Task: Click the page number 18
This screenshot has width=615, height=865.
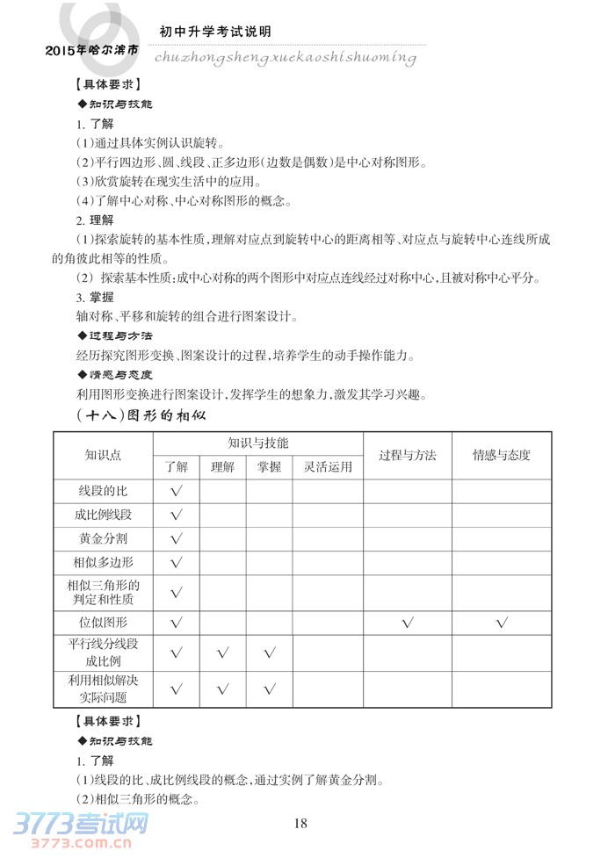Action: pos(300,823)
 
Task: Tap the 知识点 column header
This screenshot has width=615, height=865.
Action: pos(104,455)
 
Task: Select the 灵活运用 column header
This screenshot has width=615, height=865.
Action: pos(328,467)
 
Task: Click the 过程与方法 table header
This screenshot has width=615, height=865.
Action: pos(407,455)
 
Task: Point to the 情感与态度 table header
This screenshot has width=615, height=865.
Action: pos(502,455)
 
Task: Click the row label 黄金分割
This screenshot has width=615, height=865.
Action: pos(104,538)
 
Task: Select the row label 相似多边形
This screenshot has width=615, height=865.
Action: pos(104,562)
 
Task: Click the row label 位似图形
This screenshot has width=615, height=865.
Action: pos(104,622)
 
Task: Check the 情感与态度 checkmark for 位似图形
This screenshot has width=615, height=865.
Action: pos(502,623)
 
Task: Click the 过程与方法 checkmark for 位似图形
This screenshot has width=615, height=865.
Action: pos(407,623)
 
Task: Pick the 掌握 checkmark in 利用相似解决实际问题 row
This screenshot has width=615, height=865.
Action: pos(269,689)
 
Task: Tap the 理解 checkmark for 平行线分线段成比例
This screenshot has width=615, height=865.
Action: pos(221,652)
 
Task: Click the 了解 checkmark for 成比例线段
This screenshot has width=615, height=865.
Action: pos(176,515)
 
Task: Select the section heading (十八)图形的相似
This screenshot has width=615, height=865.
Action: pos(141,414)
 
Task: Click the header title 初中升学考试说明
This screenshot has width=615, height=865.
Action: pos(215,32)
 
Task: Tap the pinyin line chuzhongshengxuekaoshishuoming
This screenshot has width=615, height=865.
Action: pos(285,57)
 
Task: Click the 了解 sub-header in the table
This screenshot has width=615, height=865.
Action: pos(176,467)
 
